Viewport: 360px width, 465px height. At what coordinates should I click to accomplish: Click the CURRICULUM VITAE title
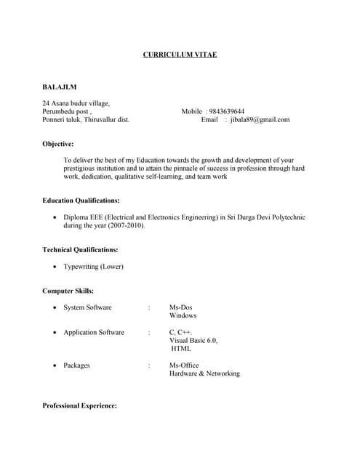click(180, 55)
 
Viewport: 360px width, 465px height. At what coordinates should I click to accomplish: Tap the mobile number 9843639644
click(227, 111)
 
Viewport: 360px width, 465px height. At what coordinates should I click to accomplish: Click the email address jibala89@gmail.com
click(260, 120)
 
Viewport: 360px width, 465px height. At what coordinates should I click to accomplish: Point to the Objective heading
click(58, 144)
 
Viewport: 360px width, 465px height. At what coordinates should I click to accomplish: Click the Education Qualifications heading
click(81, 200)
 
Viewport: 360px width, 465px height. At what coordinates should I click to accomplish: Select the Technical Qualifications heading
click(80, 250)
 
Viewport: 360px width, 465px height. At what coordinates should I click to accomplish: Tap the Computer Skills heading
click(68, 291)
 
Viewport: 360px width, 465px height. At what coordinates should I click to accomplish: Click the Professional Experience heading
click(80, 405)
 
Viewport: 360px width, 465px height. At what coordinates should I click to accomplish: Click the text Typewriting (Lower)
click(93, 267)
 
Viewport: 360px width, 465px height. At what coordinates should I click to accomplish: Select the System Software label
click(87, 307)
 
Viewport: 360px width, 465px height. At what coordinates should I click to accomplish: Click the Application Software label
click(94, 332)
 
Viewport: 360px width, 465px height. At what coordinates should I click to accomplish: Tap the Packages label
click(76, 365)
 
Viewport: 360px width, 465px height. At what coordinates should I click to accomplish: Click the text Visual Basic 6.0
click(193, 340)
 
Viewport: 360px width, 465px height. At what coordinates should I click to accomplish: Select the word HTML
click(181, 349)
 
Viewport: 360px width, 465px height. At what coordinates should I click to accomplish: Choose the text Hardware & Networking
click(204, 373)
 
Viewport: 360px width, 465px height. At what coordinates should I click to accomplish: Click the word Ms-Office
click(184, 365)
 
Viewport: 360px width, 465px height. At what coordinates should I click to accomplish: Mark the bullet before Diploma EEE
click(55, 217)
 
